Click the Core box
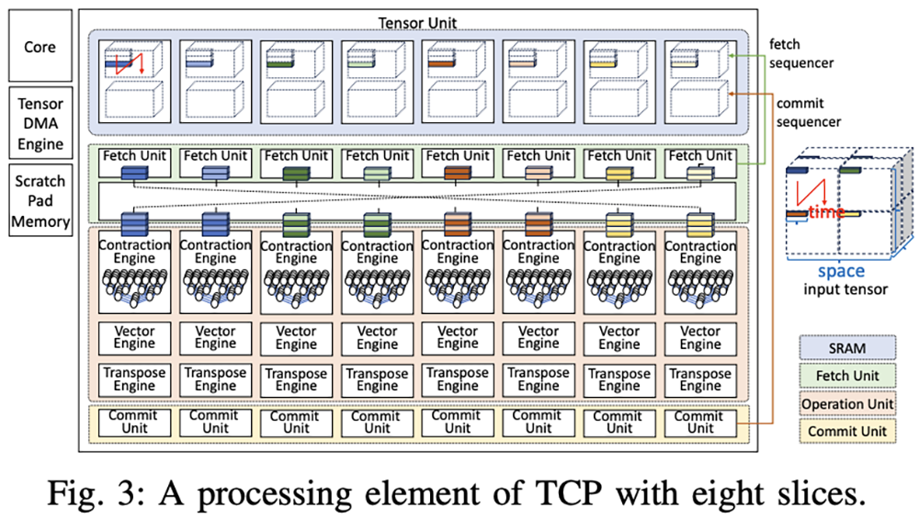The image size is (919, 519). [x=40, y=46]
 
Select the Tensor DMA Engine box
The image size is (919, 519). [x=40, y=123]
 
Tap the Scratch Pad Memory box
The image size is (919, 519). [x=40, y=200]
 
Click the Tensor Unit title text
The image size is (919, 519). [x=417, y=23]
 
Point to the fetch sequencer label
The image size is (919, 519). [x=800, y=53]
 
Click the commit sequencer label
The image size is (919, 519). [x=808, y=112]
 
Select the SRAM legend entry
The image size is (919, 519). [x=847, y=348]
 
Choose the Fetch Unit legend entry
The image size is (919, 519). [x=847, y=376]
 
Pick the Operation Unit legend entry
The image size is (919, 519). [x=847, y=403]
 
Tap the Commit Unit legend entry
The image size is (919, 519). [x=847, y=431]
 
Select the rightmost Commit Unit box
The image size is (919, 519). [x=700, y=423]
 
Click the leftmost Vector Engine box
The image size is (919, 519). [x=134, y=338]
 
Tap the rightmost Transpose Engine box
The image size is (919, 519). [x=700, y=379]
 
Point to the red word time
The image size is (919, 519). [x=827, y=211]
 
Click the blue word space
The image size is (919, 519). [x=841, y=271]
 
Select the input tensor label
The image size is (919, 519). [x=845, y=288]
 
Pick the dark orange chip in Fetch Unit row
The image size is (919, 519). [x=458, y=174]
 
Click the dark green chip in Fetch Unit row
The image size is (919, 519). [x=296, y=174]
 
